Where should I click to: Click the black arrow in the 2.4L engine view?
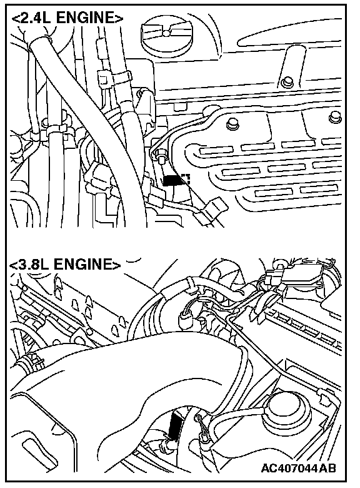174,181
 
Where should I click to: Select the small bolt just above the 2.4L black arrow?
161,156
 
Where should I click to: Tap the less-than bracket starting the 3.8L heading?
13,265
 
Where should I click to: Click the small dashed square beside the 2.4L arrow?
186,179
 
